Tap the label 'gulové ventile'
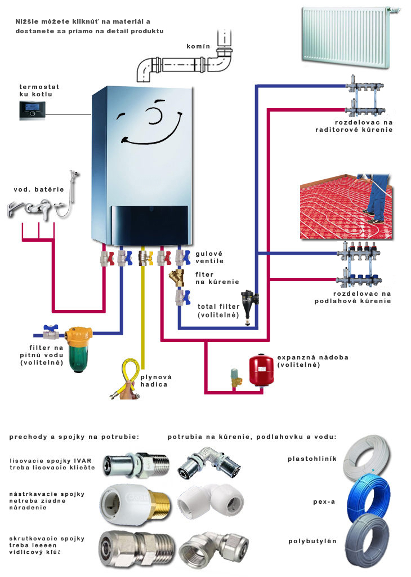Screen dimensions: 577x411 209,258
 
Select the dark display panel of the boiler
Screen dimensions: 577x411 149,222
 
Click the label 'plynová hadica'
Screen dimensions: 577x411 156,380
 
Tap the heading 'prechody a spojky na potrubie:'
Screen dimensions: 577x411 74,437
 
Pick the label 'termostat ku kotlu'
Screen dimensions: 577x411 39,91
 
